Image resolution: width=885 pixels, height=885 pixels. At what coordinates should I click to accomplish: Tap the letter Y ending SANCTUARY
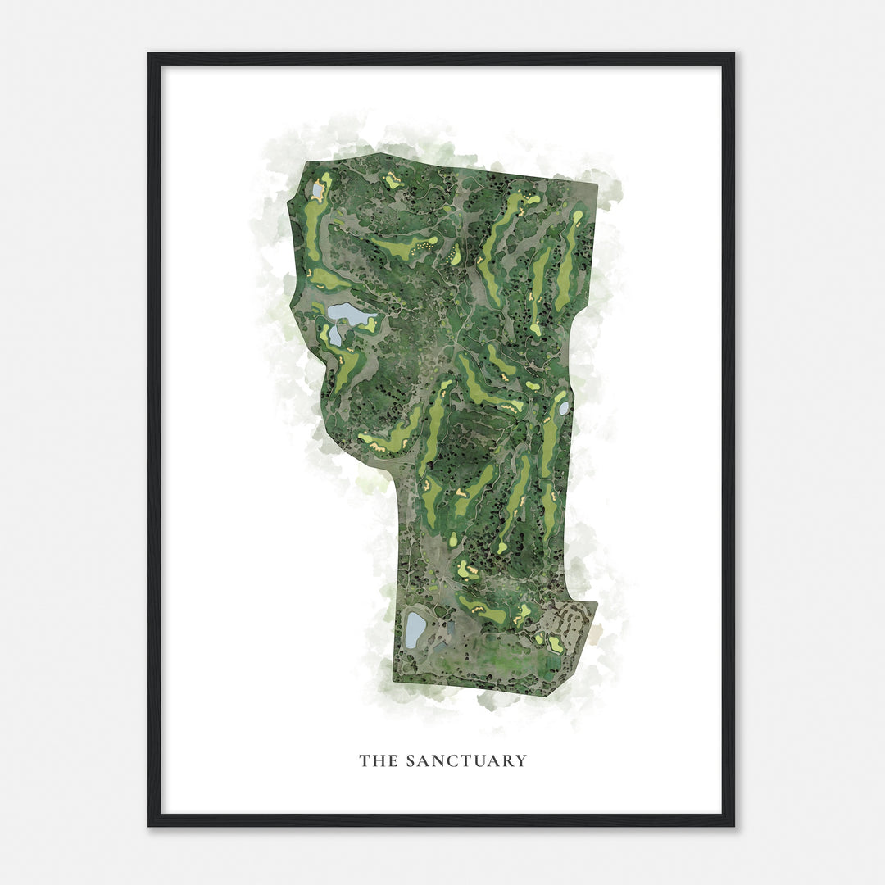pyautogui.click(x=520, y=760)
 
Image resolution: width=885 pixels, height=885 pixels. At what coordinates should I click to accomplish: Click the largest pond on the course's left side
pyautogui.click(x=348, y=313)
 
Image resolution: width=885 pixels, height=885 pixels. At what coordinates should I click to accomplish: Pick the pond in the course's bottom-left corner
pyautogui.click(x=415, y=629)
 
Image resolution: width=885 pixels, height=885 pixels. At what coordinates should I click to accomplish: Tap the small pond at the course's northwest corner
pyautogui.click(x=318, y=190)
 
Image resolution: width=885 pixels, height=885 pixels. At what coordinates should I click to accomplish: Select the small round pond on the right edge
pyautogui.click(x=564, y=407)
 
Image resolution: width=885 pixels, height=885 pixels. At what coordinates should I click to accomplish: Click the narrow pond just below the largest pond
pyautogui.click(x=335, y=335)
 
